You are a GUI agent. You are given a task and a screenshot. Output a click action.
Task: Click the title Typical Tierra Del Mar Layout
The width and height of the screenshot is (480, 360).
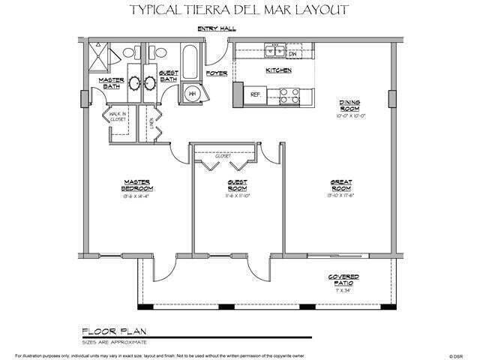(x=239, y=10)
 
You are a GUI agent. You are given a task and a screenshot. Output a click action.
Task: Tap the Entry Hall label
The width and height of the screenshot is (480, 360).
(x=217, y=28)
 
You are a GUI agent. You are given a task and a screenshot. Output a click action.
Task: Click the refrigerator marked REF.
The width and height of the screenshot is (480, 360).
(x=254, y=95)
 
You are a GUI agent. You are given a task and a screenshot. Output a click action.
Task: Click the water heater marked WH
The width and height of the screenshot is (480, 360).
(x=193, y=94)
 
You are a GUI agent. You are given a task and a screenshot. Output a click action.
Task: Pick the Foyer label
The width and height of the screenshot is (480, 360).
(x=216, y=73)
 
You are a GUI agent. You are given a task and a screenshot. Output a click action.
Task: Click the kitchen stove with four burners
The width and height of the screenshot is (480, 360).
(x=289, y=94)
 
